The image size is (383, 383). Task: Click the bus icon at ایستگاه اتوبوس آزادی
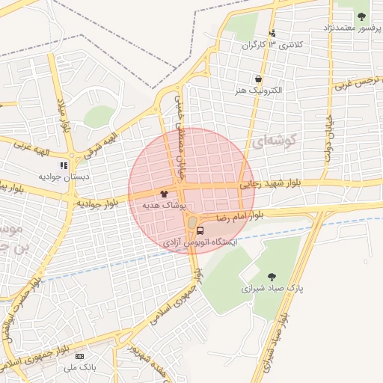(x=200, y=230)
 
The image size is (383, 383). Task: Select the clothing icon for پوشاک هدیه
(x=163, y=193)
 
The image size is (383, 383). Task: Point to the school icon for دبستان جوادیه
(x=64, y=165)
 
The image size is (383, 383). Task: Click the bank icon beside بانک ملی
(x=79, y=356)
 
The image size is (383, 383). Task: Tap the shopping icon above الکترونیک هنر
(x=258, y=79)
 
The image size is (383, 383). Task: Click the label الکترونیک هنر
(x=258, y=90)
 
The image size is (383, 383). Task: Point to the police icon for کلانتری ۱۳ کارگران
(x=273, y=33)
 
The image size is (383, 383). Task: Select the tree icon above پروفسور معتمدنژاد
(x=362, y=16)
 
